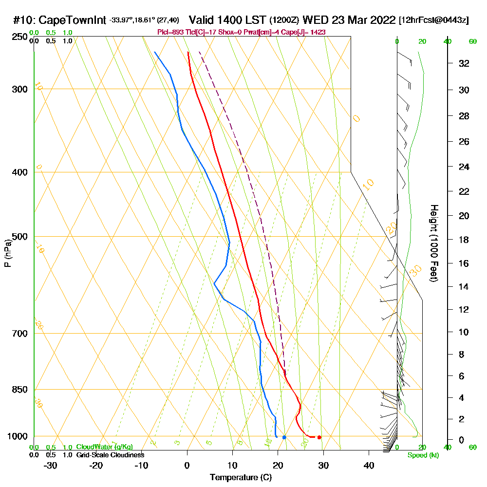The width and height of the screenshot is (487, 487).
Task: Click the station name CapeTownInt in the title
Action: click(x=73, y=20)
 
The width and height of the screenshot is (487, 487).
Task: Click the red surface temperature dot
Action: click(x=319, y=437)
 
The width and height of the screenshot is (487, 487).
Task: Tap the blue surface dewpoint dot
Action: click(x=284, y=437)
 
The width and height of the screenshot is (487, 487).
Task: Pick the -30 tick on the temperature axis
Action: click(x=51, y=466)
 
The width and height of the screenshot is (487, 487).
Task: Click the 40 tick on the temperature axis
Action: click(x=369, y=466)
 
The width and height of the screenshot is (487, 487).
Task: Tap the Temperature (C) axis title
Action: click(x=241, y=478)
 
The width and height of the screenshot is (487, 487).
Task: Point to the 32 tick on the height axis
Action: click(x=464, y=63)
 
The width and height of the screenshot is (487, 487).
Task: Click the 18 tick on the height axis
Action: click(x=464, y=240)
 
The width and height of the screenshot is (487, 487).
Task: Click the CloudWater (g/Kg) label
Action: click(x=104, y=447)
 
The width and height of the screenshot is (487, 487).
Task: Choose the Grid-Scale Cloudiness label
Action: click(x=110, y=455)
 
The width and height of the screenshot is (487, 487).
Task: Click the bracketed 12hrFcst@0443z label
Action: click(x=434, y=20)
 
